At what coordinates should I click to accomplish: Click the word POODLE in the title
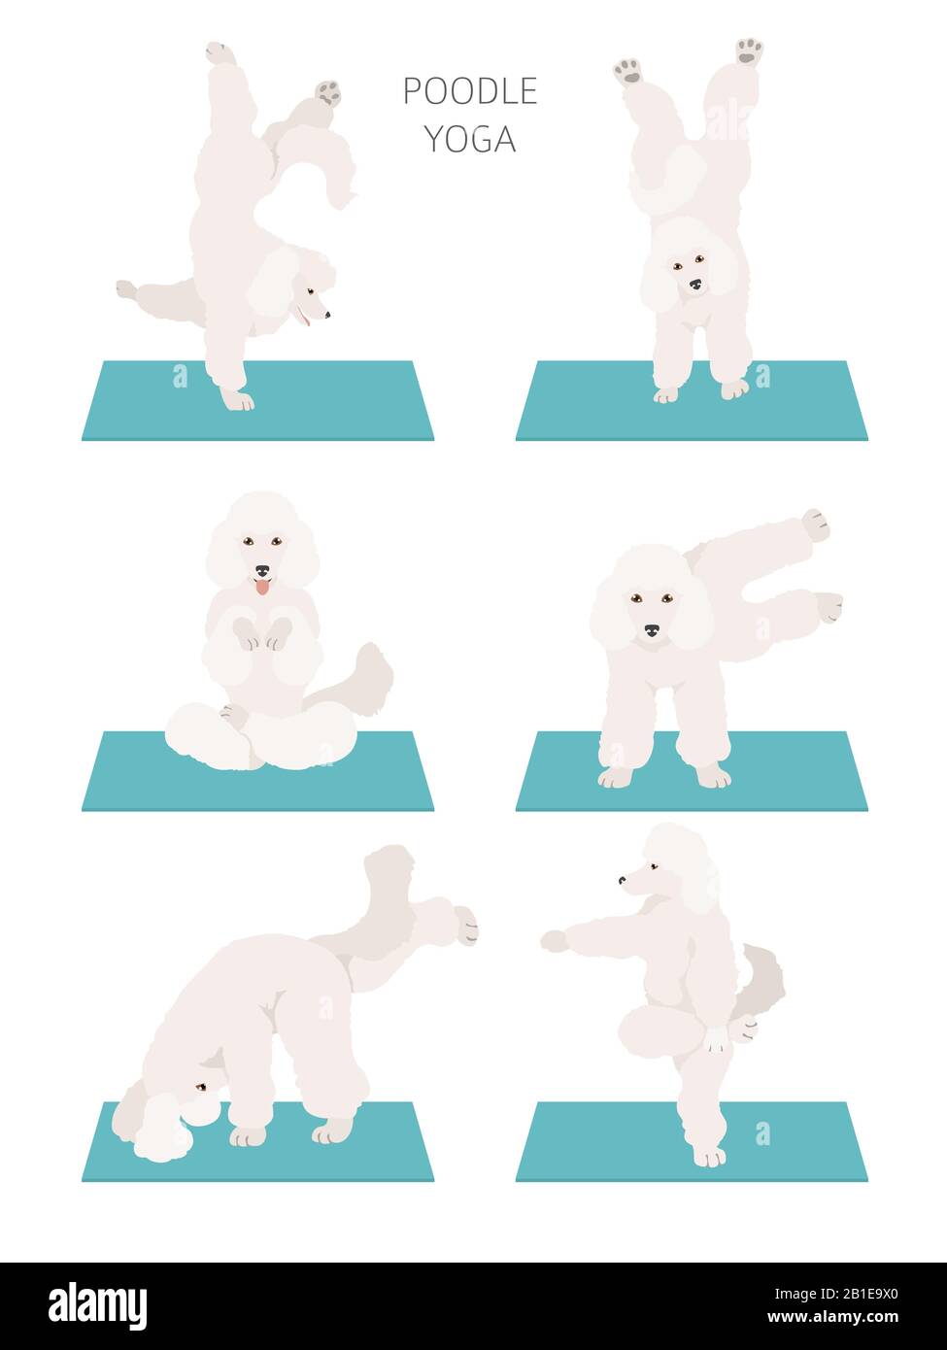470,91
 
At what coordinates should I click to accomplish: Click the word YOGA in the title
470,140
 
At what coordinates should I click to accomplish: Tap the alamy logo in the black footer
97,1306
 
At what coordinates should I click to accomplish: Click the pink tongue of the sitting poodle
261,586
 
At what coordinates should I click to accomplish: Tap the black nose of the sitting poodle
261,572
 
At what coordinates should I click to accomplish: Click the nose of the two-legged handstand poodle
694,285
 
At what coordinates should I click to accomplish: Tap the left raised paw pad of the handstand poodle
628,70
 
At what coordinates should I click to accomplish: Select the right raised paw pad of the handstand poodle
748,51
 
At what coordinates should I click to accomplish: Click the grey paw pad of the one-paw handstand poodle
327,93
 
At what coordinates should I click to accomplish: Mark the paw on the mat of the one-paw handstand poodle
236,398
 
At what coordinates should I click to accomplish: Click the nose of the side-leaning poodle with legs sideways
650,630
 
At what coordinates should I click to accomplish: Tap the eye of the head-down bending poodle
200,1087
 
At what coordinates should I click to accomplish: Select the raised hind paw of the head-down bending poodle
465,926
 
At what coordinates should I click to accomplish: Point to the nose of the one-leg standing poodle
622,881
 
